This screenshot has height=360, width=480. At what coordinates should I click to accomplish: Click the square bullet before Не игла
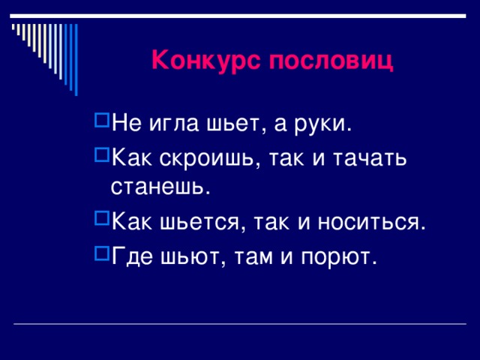[x=102, y=120]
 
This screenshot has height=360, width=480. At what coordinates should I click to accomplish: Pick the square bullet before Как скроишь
[x=102, y=153]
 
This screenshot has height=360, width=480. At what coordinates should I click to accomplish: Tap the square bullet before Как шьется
[x=102, y=218]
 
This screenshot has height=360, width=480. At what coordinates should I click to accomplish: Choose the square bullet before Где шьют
[x=102, y=252]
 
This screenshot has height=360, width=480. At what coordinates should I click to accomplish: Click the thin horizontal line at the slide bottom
[x=240, y=324]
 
